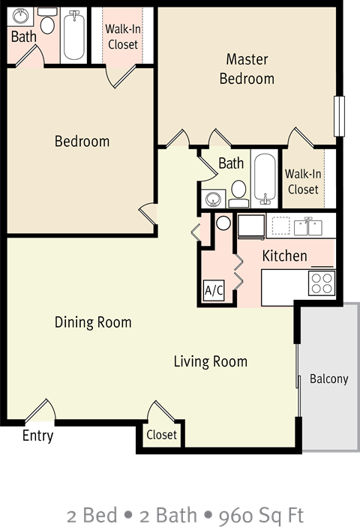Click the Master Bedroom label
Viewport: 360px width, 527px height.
(247, 69)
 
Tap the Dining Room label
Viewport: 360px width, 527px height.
(93, 322)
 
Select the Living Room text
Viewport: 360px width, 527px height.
(210, 361)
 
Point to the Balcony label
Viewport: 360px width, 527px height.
(329, 379)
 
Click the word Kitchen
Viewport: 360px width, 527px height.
(284, 256)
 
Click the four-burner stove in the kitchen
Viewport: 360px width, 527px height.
(322, 283)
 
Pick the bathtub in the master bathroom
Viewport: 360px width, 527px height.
(264, 178)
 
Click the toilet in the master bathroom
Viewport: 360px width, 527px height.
(238, 193)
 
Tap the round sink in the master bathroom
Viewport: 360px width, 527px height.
(214, 199)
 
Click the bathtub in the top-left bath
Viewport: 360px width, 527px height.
(73, 34)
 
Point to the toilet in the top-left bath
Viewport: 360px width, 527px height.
(46, 25)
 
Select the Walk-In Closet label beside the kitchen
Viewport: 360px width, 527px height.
(303, 182)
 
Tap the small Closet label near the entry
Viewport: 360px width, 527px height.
(161, 435)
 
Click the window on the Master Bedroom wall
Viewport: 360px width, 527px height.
(339, 116)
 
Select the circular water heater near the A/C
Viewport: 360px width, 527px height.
(223, 223)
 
